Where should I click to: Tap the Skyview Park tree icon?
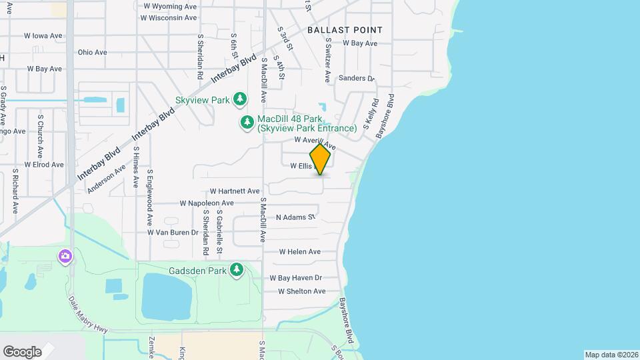[240, 99]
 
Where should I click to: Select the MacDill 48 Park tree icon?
[247, 122]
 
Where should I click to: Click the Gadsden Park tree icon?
[236, 269]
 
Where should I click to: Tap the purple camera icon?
[65, 256]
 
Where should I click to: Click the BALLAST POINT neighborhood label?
[345, 30]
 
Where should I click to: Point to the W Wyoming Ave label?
[170, 6]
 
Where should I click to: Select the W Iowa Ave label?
[43, 36]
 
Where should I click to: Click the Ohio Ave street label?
[92, 52]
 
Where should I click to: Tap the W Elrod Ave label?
[44, 164]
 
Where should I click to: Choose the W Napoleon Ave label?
[207, 203]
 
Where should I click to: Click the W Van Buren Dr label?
[173, 233]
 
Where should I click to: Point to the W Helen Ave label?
[299, 252]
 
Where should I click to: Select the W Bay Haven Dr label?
[295, 278]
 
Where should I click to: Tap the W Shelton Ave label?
[301, 291]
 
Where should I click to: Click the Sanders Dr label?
[357, 78]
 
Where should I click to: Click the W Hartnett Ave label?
[234, 191]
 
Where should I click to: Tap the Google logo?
[22, 352]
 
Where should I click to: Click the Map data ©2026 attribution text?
[611, 355]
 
